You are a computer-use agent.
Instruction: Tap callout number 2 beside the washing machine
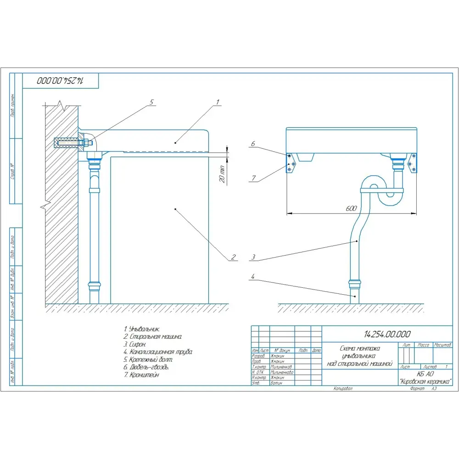233,257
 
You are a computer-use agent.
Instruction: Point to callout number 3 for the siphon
253,257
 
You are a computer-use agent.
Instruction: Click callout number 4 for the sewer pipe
253,276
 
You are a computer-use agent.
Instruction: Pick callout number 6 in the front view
252,144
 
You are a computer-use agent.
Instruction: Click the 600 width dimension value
351,209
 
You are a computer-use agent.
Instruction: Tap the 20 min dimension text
222,174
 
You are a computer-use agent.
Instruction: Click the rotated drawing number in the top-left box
60,80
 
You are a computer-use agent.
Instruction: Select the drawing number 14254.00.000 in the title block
387,334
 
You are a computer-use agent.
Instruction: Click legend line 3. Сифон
135,344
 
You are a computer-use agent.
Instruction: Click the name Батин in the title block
276,382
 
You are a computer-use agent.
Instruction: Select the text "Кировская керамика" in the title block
425,381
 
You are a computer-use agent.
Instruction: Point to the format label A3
433,388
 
